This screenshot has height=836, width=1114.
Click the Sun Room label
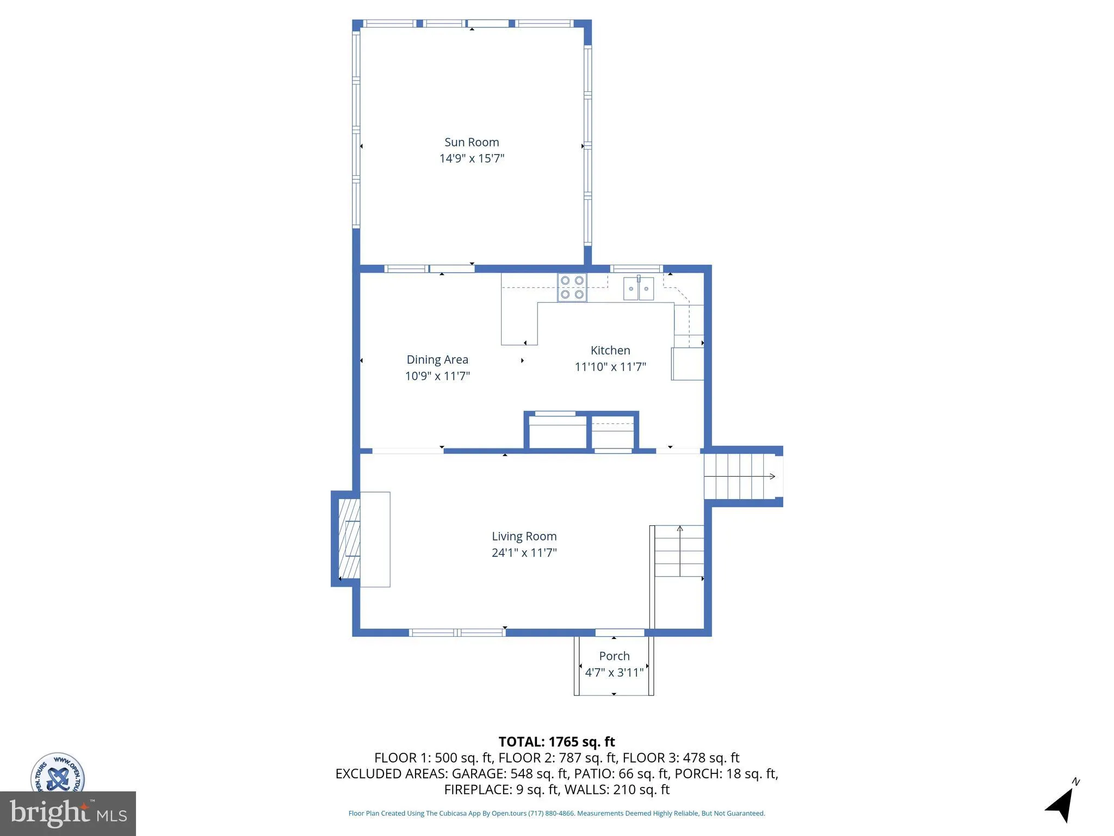(472, 142)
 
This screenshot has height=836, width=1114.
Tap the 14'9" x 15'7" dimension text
(472, 158)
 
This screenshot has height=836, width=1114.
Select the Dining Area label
(437, 359)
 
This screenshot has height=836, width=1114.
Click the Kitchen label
(610, 351)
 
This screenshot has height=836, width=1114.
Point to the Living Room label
(524, 536)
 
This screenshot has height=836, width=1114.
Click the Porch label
(614, 656)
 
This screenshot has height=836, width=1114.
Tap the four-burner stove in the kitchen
(572, 287)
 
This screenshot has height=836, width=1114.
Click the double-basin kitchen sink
(638, 288)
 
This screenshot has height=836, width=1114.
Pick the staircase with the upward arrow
(679, 551)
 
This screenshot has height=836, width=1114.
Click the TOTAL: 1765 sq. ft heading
(556, 742)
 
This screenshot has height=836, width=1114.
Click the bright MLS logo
(67, 813)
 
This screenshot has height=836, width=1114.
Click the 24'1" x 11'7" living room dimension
(524, 552)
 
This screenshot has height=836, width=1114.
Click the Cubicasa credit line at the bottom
(556, 813)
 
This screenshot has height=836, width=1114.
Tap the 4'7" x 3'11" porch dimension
(614, 672)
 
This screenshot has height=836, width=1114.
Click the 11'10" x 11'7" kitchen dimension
(610, 367)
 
